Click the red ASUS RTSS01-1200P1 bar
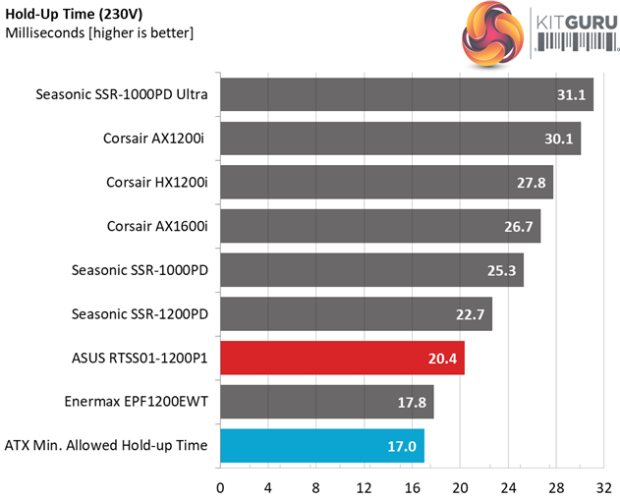342,358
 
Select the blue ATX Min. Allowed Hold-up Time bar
321,445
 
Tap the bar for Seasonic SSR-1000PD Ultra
406,95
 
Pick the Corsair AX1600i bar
379,226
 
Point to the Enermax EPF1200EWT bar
326,401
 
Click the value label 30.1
558,139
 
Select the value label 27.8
531,183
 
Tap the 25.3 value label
501,270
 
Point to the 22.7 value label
470,313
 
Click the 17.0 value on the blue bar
402,445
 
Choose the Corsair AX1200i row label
155,139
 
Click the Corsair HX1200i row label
157,183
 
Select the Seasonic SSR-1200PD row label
141,313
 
